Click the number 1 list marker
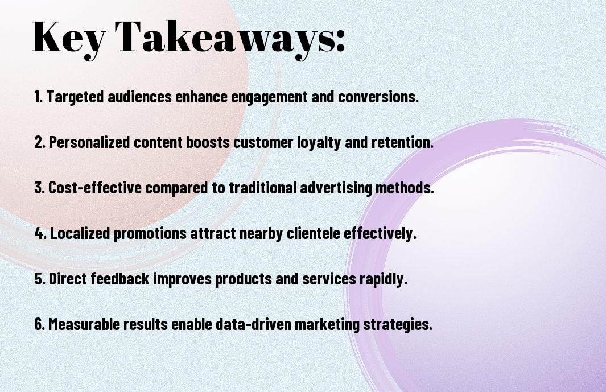click(38, 97)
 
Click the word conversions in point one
click(378, 97)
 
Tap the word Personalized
click(89, 142)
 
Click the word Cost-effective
click(95, 188)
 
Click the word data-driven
click(253, 324)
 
